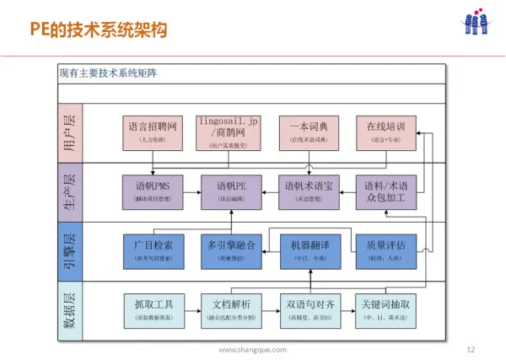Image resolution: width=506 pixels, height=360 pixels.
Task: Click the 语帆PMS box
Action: click(153, 191)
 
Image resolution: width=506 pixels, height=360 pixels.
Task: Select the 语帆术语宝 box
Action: click(308, 191)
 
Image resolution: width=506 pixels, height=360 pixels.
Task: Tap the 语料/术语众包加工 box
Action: click(385, 191)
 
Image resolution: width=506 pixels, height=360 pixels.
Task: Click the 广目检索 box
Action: click(153, 249)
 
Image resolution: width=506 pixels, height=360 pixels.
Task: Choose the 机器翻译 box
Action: click(308, 249)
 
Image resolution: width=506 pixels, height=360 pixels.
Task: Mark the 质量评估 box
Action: click(385, 249)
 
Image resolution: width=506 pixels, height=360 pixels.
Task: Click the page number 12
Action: click(471, 348)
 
